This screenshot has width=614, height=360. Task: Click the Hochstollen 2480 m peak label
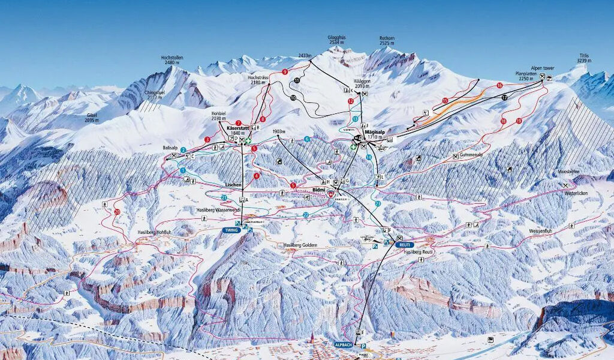point(173,60)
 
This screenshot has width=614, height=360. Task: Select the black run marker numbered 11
point(297,80)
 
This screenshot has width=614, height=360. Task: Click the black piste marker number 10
point(293,97)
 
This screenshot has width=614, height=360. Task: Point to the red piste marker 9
point(285,72)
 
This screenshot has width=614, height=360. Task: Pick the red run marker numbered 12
point(351,101)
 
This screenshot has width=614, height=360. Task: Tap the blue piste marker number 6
point(307,139)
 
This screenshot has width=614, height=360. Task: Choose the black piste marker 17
point(505,97)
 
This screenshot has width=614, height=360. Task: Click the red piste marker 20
point(117,212)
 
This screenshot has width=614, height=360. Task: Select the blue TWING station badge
point(230,230)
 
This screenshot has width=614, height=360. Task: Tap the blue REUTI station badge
point(405,245)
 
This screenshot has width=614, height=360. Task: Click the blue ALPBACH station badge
point(344,345)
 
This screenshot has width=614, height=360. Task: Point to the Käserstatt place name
point(237,128)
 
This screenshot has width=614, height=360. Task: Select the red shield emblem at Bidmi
point(330,194)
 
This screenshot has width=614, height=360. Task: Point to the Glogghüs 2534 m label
point(336,40)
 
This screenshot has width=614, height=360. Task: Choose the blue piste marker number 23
point(378,204)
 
